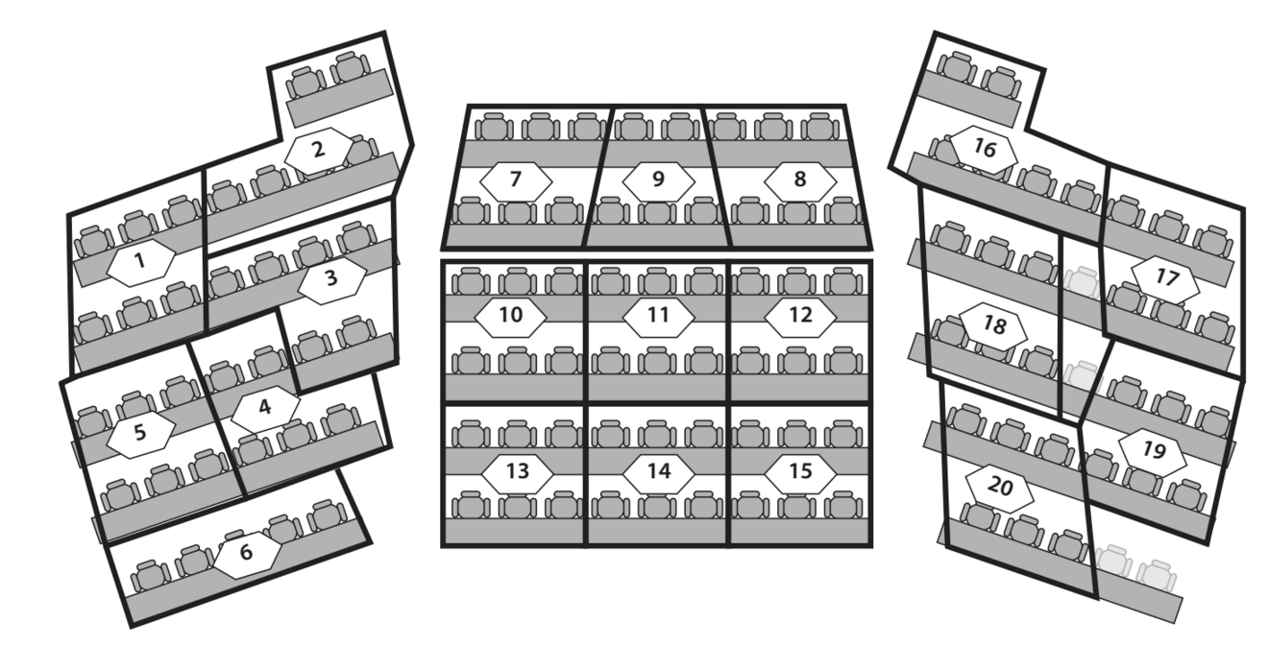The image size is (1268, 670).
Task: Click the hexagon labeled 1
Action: [x=140, y=262]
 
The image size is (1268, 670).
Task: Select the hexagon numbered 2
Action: [x=319, y=151]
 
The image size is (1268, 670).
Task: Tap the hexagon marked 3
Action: [x=331, y=280]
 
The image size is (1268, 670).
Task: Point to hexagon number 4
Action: [x=265, y=409]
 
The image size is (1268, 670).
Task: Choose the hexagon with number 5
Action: [x=140, y=434]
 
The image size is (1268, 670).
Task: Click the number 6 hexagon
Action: [x=247, y=554]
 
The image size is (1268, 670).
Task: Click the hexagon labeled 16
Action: [x=984, y=150]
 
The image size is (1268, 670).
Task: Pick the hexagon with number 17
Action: [x=1165, y=279]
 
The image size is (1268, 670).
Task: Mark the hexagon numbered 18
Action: [x=993, y=326]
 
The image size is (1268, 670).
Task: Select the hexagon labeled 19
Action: [x=1153, y=452]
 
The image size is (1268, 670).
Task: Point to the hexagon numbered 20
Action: [x=1000, y=489]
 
